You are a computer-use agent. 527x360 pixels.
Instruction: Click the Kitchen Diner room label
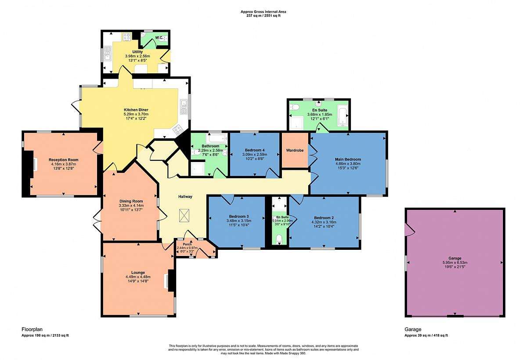coord(136,110)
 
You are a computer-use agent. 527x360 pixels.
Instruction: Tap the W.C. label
coord(159,38)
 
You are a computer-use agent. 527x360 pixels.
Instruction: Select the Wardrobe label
coord(295,150)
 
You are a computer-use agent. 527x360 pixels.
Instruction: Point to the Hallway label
coord(185,197)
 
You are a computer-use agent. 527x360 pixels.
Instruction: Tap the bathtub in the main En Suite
coord(342,115)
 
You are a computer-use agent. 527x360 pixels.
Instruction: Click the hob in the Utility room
coord(127,37)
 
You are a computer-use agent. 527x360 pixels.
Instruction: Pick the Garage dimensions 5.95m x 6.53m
coord(455,263)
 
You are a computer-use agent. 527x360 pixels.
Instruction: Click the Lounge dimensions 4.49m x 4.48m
coord(138,277)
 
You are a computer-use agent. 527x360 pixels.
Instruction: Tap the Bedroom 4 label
coord(255,150)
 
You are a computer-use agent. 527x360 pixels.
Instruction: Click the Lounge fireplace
coord(171,281)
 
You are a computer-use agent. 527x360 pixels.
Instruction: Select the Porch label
coord(188,244)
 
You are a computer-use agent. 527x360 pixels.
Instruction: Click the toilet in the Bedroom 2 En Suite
coord(279,239)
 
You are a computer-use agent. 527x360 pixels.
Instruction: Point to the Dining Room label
coord(131,201)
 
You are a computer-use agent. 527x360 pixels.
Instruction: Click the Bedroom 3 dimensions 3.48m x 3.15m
coord(239,221)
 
